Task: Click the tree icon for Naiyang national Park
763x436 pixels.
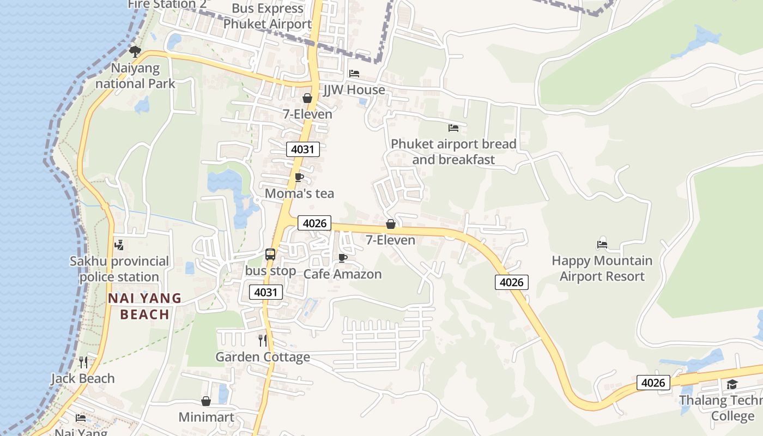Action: click(x=135, y=52)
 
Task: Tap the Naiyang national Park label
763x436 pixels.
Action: click(x=135, y=76)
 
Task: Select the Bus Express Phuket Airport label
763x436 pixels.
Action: click(x=268, y=16)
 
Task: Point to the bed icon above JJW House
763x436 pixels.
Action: click(x=354, y=73)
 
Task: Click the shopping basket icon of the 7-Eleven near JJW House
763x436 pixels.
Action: click(x=307, y=98)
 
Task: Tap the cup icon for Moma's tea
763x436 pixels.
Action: click(x=299, y=177)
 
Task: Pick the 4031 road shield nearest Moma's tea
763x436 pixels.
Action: click(x=302, y=149)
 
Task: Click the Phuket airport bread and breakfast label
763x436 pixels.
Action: click(x=453, y=152)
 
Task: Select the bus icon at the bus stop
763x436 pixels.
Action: click(x=270, y=254)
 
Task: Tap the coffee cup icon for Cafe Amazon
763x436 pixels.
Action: click(x=342, y=258)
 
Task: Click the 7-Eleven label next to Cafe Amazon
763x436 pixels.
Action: click(x=390, y=240)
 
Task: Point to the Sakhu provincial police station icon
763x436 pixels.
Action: click(x=119, y=245)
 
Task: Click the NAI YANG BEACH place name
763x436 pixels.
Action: click(x=144, y=306)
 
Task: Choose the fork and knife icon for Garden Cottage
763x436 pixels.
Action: click(x=263, y=341)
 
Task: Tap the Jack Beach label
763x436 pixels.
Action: click(x=83, y=378)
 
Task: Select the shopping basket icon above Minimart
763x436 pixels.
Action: click(x=206, y=401)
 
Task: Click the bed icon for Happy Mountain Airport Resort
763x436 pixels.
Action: click(x=602, y=245)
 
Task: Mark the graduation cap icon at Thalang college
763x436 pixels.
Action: click(x=732, y=385)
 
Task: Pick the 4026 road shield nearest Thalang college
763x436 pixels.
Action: click(x=653, y=383)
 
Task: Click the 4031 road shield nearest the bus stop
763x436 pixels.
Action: click(x=267, y=292)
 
